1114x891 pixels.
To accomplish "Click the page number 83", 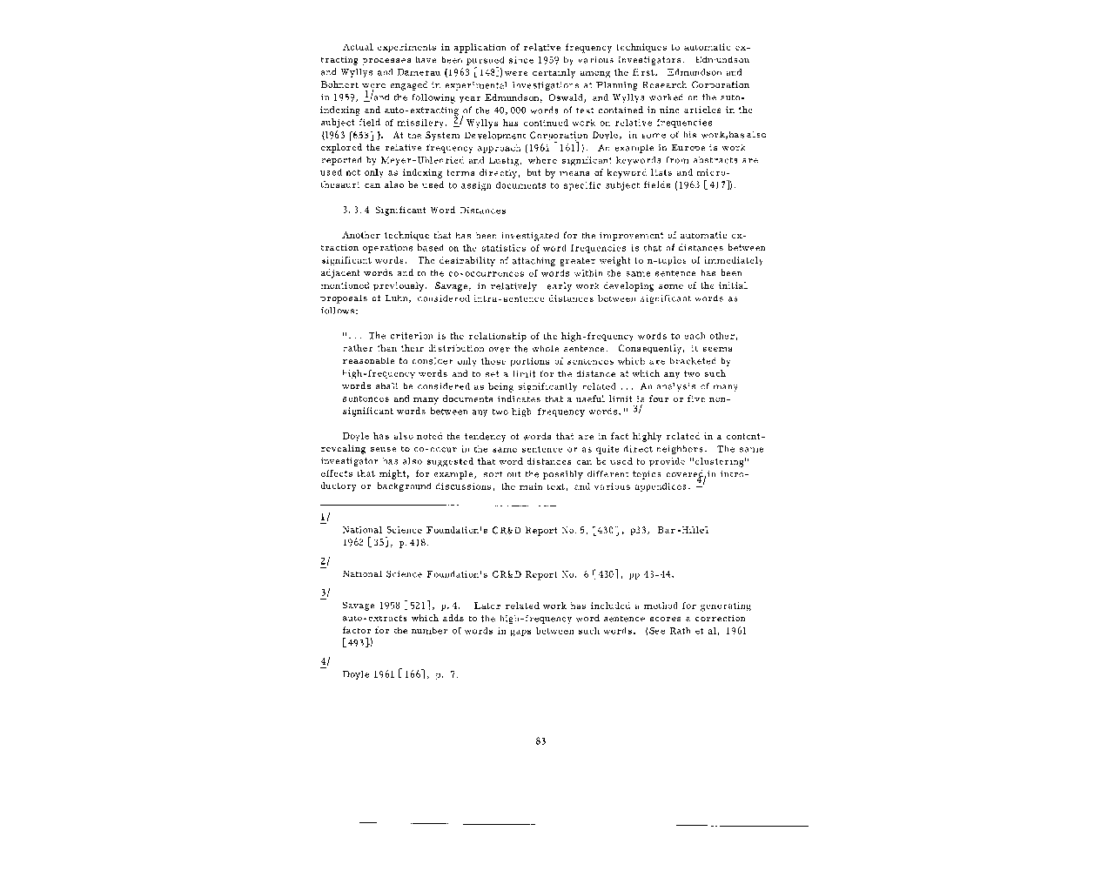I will [x=540, y=741].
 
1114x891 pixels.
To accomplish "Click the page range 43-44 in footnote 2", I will [x=658, y=574].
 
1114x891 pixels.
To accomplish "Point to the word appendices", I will [x=661, y=486].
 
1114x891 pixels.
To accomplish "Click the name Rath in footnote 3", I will [x=680, y=631].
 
